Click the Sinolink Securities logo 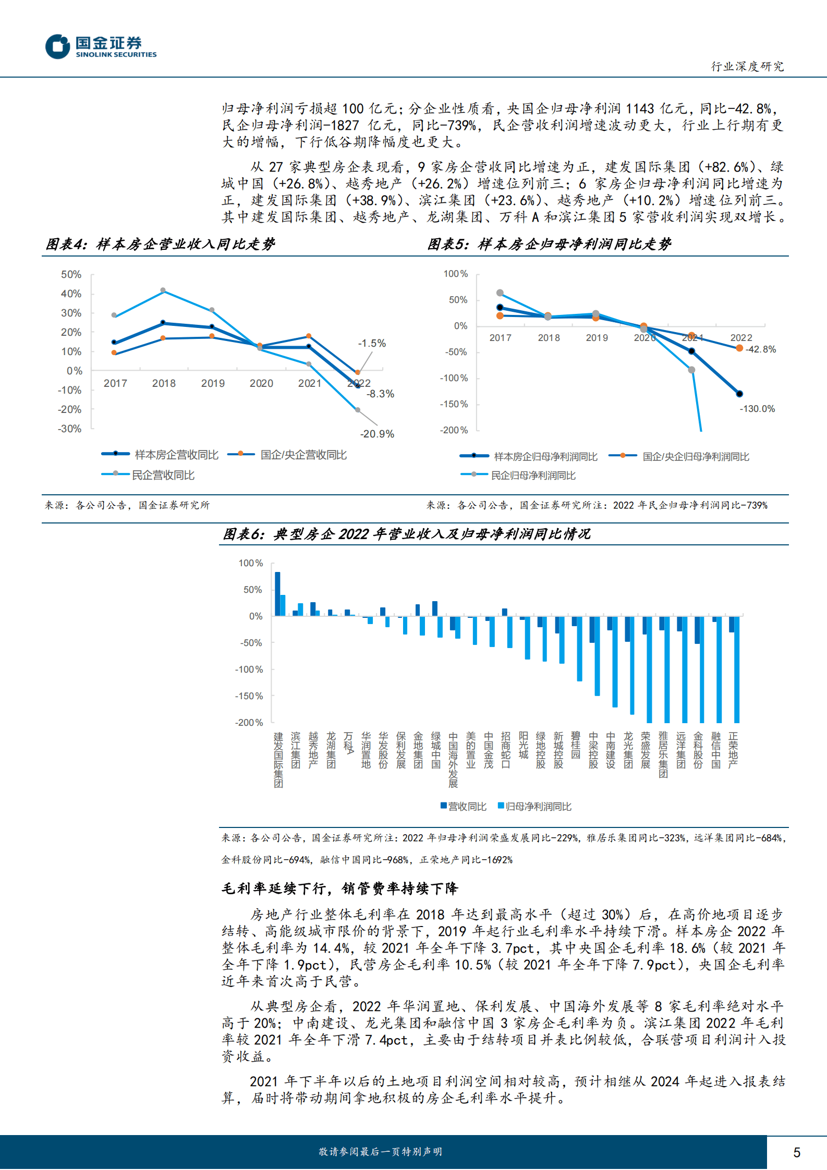100,46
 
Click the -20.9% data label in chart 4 376,434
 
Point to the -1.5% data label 371,343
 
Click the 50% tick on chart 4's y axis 71,274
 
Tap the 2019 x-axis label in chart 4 213,383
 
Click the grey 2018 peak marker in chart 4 163,290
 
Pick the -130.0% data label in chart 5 757,409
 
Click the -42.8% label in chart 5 760,349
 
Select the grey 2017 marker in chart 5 500,292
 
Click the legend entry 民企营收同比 162,475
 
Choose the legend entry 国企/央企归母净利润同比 695,457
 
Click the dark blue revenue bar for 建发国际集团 277,593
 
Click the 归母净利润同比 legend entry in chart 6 537,807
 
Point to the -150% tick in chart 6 249,696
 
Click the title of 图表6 406,534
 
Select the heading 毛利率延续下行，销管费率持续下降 339,888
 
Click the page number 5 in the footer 796,1152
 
